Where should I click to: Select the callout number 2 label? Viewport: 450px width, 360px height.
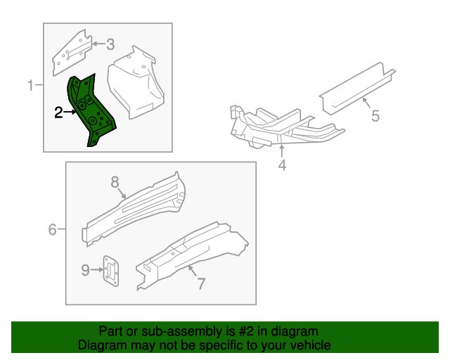click(59, 111)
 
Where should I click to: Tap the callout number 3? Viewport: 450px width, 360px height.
click(110, 45)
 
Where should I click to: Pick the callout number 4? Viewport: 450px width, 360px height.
click(282, 166)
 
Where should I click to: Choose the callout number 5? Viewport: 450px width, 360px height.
click(375, 115)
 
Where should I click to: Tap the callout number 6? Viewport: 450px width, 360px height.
click(52, 229)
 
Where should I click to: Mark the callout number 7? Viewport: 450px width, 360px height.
click(200, 283)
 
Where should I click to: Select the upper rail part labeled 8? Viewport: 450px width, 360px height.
click(134, 207)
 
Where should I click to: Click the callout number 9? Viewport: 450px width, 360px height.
click(85, 270)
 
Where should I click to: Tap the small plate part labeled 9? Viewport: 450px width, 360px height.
click(111, 271)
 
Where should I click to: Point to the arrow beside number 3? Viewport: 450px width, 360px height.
click(98, 45)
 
